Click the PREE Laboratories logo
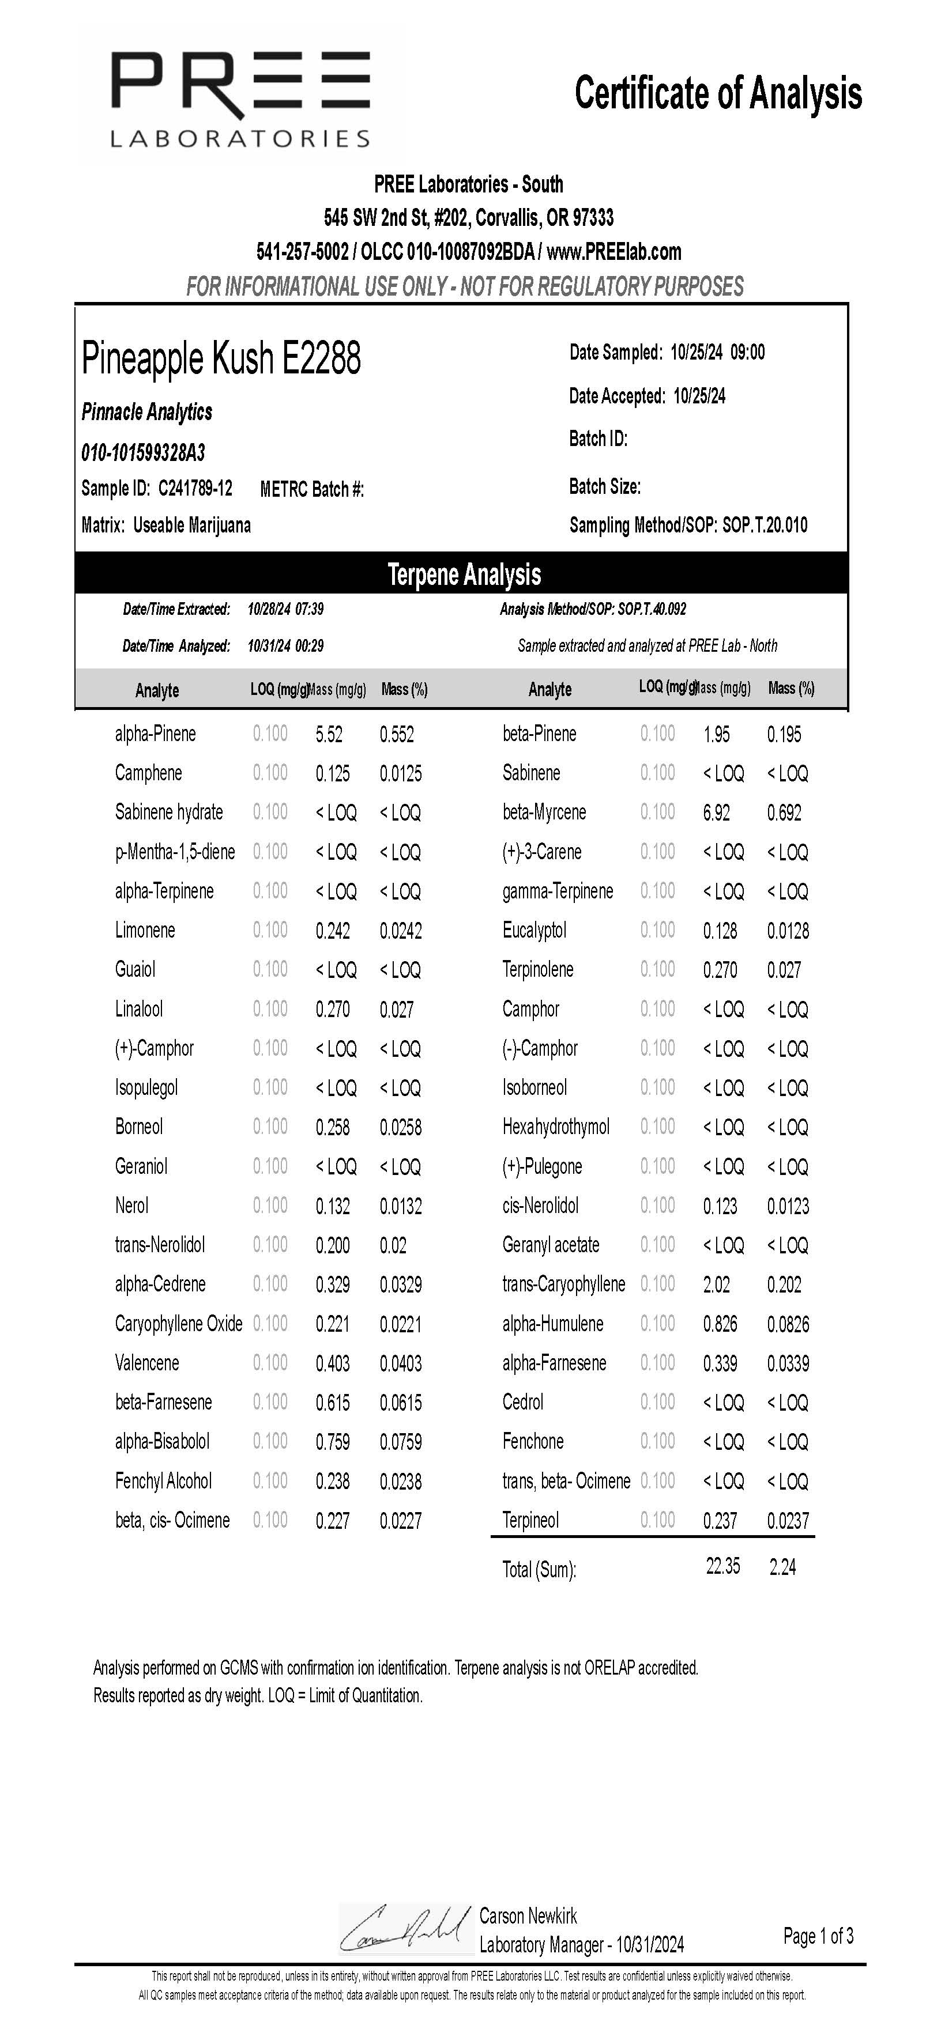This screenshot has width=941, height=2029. click(240, 99)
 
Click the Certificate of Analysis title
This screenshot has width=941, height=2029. click(718, 93)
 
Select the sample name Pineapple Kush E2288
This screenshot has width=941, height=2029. click(221, 358)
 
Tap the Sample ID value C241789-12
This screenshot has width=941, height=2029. click(195, 488)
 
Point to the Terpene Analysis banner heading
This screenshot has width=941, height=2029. click(464, 574)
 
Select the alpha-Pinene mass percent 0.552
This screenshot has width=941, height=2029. click(397, 734)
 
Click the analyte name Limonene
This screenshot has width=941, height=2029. click(145, 930)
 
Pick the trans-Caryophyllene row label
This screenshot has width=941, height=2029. click(563, 1284)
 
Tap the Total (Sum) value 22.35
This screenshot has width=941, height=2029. click(722, 1566)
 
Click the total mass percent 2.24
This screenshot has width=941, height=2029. click(782, 1567)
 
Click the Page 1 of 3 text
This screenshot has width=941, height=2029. click(818, 1935)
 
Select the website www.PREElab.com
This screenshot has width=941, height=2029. click(614, 252)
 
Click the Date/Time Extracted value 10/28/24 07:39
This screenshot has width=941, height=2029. click(285, 609)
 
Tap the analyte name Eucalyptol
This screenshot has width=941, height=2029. click(535, 930)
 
